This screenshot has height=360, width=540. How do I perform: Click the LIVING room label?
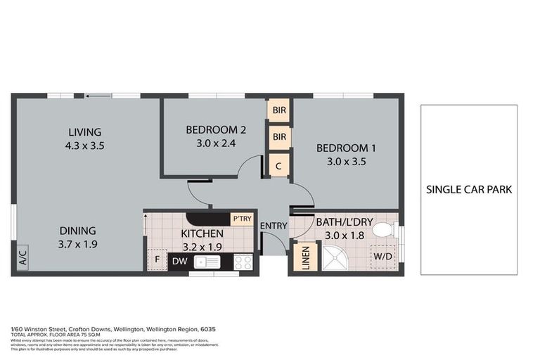point(84,132)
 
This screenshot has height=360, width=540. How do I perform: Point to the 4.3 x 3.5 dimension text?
point(84,146)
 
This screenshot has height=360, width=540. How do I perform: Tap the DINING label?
point(77,231)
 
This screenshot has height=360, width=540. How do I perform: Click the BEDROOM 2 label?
point(216,129)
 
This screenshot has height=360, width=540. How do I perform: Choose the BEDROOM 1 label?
point(346,148)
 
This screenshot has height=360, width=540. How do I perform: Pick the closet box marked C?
point(279,165)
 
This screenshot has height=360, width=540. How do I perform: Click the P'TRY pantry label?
point(241,219)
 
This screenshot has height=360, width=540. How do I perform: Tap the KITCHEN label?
point(202,233)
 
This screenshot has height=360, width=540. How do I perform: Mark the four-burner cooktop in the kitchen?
point(243,262)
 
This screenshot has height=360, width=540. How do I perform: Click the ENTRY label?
point(273,226)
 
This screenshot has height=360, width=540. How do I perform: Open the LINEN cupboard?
point(305,256)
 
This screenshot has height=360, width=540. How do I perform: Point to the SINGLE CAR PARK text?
point(468,189)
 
